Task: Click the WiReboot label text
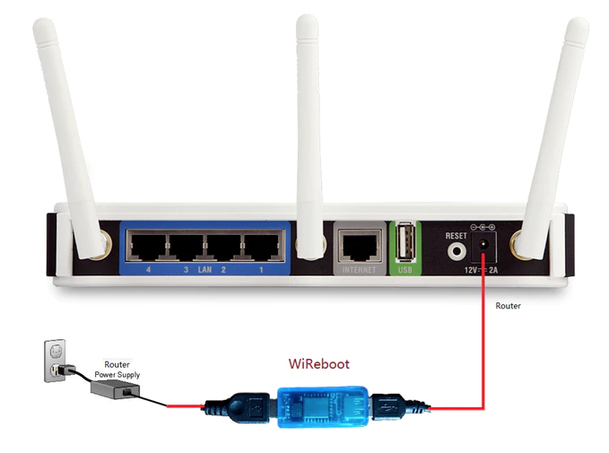pyautogui.click(x=318, y=364)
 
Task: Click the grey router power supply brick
pyautogui.click(x=113, y=389)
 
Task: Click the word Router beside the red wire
pyautogui.click(x=508, y=306)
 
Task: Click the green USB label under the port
pyautogui.click(x=402, y=268)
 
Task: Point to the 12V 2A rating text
pyautogui.click(x=483, y=269)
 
